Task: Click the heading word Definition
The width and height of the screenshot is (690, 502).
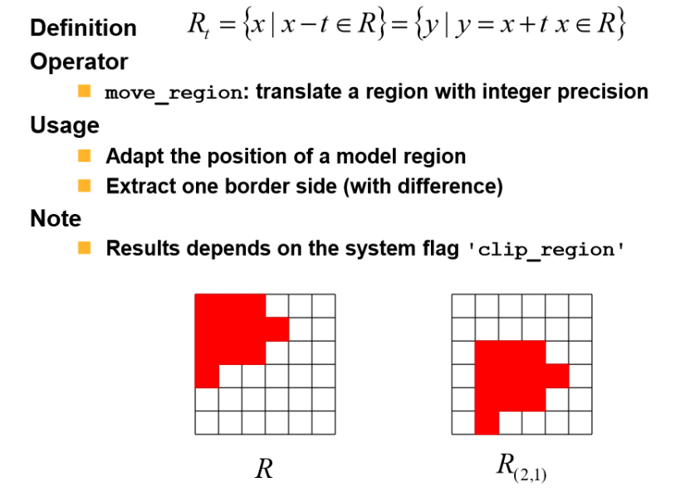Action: tap(83, 27)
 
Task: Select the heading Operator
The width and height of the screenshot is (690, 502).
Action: tap(79, 62)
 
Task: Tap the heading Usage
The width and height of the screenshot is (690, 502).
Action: tap(64, 125)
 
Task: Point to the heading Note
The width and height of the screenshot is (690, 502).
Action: tap(56, 218)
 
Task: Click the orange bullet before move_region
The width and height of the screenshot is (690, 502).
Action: tap(84, 90)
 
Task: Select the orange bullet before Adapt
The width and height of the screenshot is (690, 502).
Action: tap(84, 155)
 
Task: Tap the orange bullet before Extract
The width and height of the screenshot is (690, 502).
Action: tap(84, 186)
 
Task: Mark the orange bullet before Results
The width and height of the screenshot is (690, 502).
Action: tap(84, 247)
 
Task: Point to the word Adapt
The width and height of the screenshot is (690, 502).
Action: tap(134, 157)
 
